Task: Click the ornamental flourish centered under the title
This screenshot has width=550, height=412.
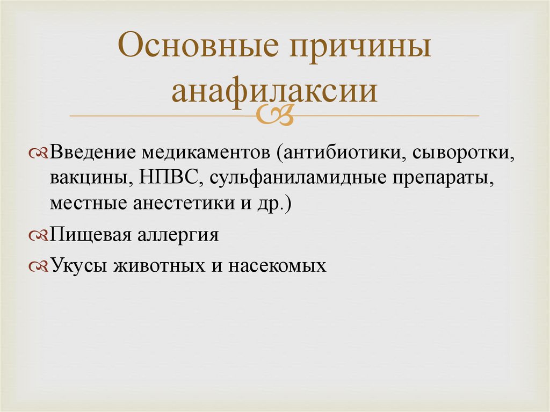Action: [274, 115]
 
